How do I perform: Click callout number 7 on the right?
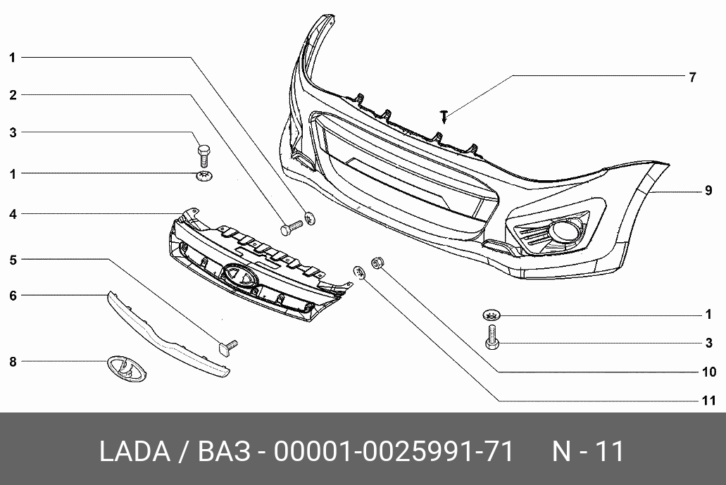point(692,77)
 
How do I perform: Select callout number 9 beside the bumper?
point(708,191)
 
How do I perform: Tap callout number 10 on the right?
point(709,372)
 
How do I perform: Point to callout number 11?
point(709,401)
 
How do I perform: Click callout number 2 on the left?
point(13,95)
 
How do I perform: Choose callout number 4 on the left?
point(13,214)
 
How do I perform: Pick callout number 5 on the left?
point(13,260)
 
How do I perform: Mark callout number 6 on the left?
point(13,296)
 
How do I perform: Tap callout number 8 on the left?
point(13,362)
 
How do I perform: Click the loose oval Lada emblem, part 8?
point(127,369)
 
